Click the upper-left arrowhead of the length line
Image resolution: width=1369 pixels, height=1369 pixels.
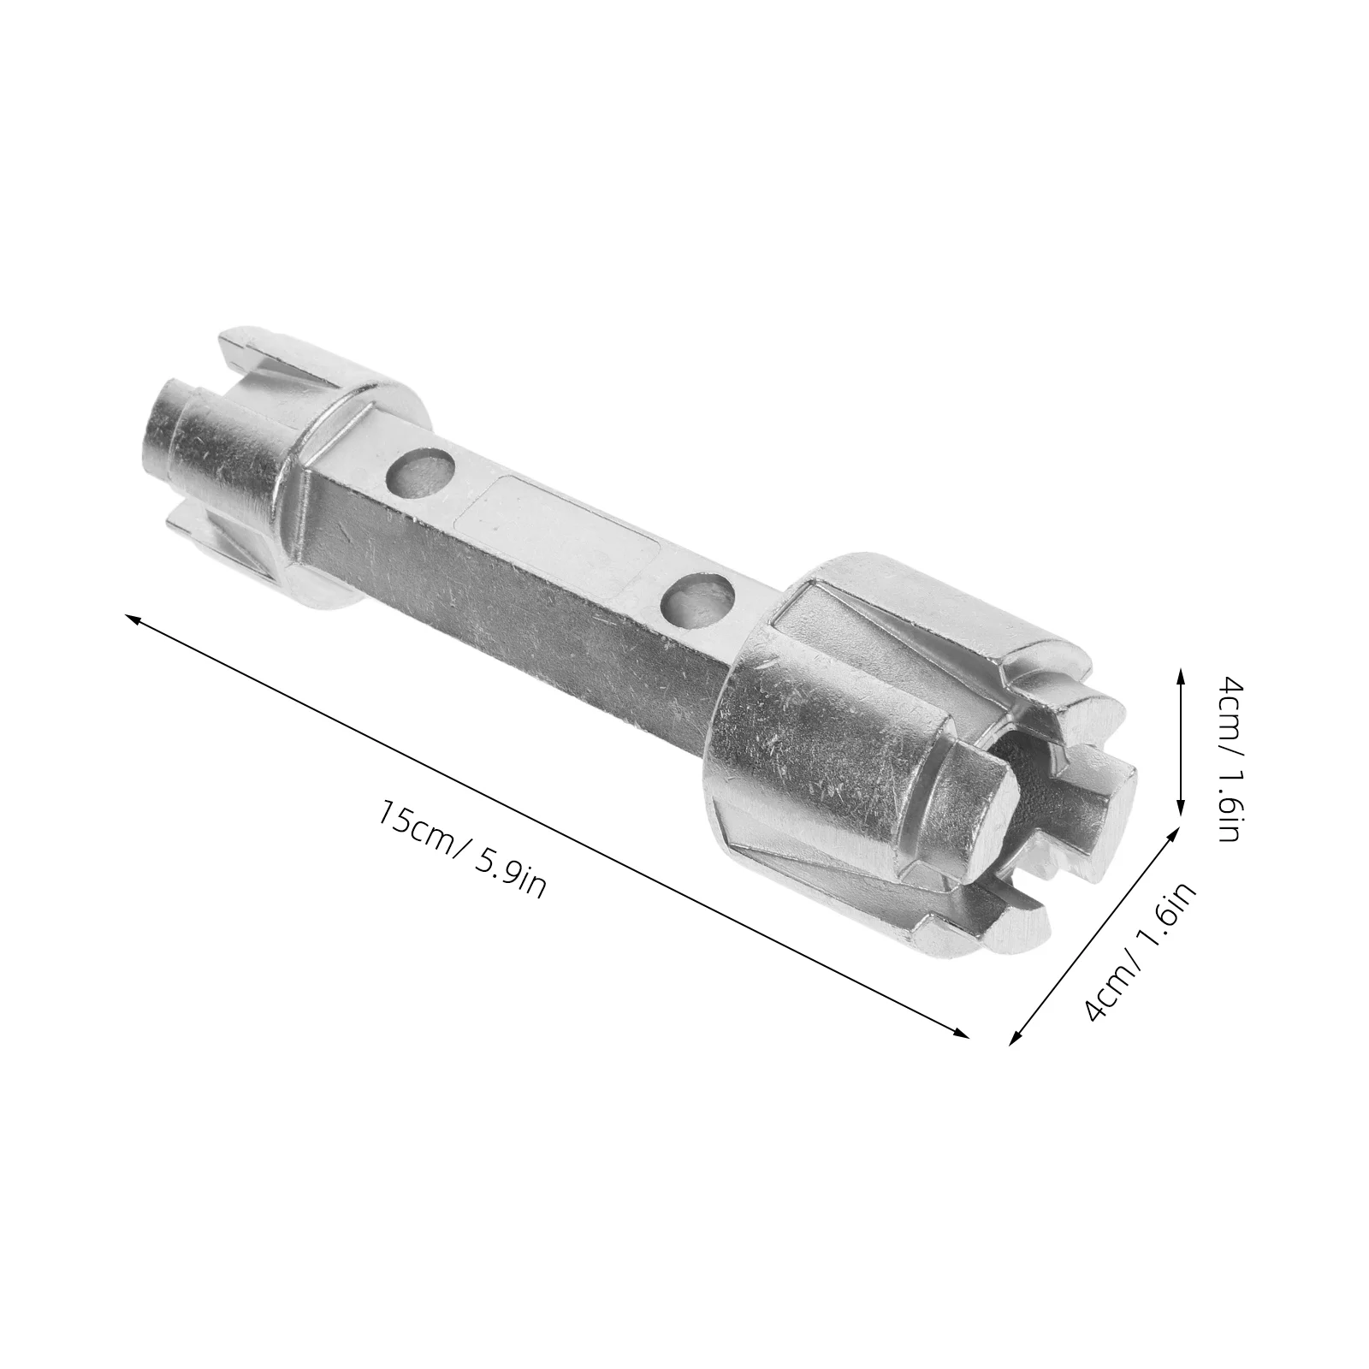coord(133,618)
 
